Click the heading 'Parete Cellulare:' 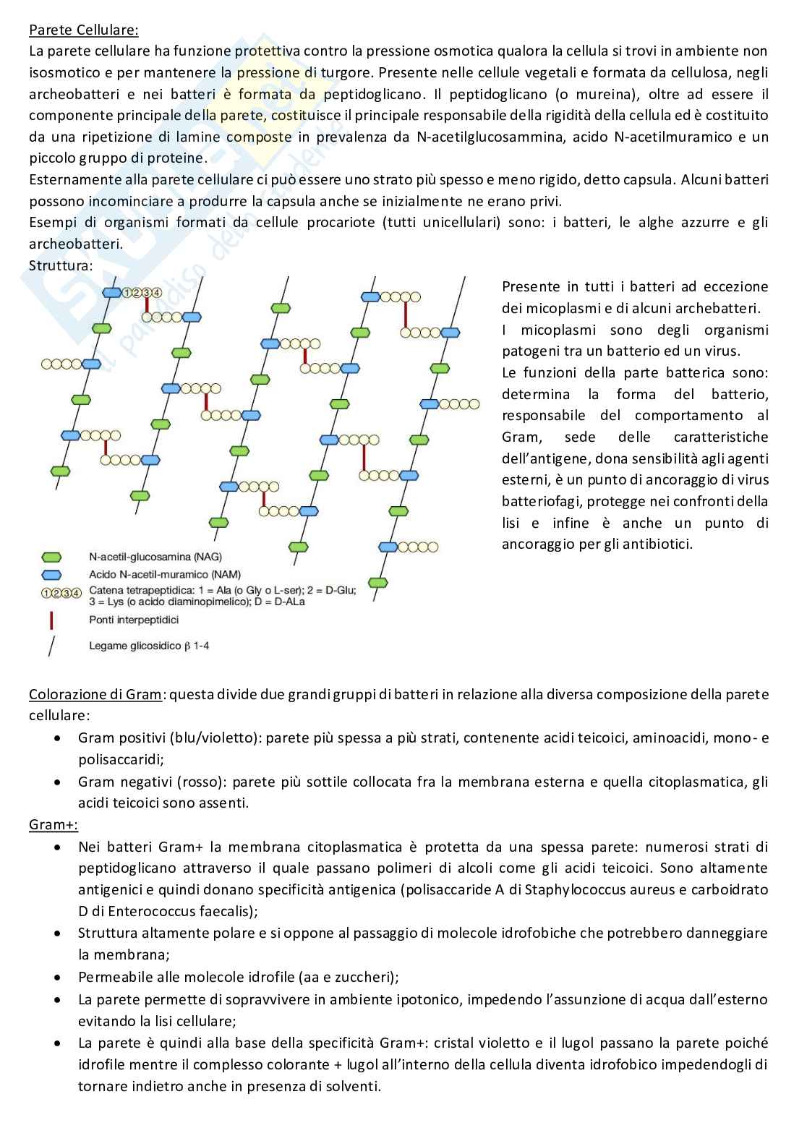tap(83, 30)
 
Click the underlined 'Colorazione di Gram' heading tap(95, 695)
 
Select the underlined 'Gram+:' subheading tap(53, 824)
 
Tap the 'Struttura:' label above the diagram tap(61, 265)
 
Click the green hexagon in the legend tap(52, 557)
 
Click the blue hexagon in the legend tap(52, 575)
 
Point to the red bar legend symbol tap(51, 620)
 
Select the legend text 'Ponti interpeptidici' tap(134, 620)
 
